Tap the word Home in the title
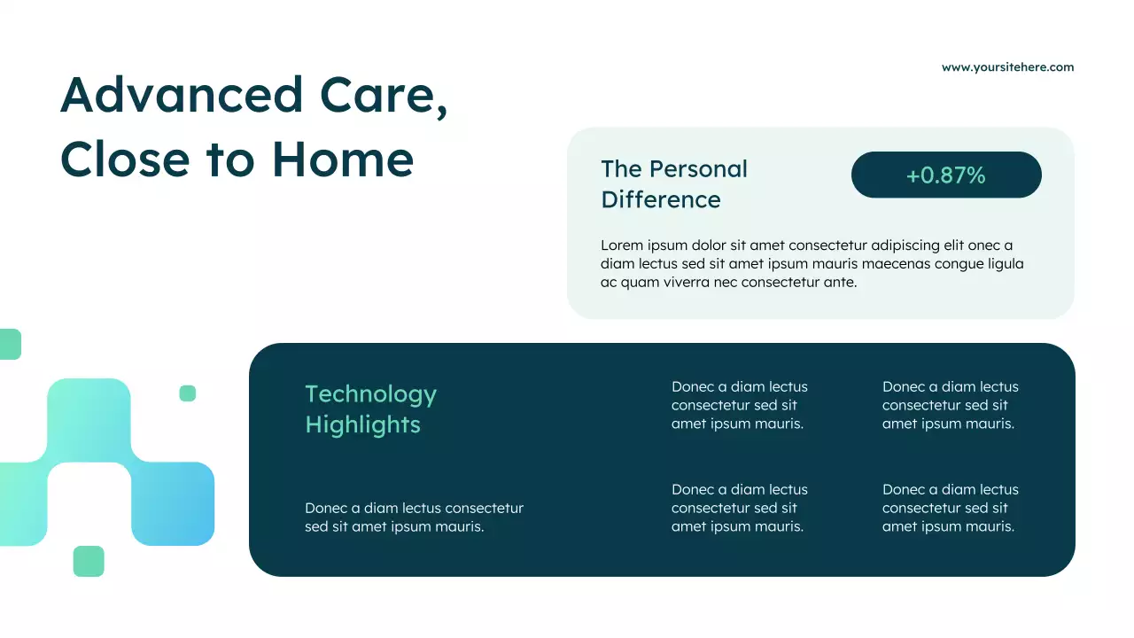[x=343, y=159]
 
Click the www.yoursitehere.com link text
[x=1007, y=67]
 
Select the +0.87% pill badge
[x=945, y=175]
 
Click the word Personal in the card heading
[x=699, y=169]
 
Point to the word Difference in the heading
[x=660, y=199]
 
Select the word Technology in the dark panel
[x=370, y=394]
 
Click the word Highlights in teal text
[x=362, y=424]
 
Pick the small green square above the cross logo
[x=187, y=393]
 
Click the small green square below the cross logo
[x=89, y=561]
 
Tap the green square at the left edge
[x=9, y=344]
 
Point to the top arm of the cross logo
[x=89, y=416]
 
